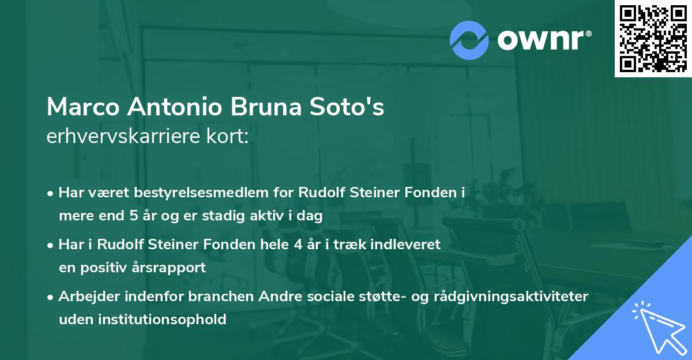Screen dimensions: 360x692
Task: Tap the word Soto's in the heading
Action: pos(353,107)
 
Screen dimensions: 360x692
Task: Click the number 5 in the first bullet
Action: pos(130,216)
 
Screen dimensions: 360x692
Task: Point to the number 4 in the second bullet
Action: pos(298,244)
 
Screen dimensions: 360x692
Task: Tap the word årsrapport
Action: pos(172,268)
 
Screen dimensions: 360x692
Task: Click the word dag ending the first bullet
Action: pos(311,216)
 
